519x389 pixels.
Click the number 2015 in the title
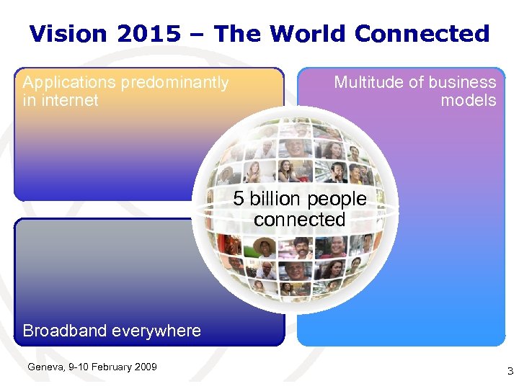159,34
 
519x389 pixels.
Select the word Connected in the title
422,34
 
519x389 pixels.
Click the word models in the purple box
469,100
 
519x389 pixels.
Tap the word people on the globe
337,200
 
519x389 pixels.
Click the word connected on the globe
300,220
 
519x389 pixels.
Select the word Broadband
66,331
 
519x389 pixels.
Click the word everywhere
157,331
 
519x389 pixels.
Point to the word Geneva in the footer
43,367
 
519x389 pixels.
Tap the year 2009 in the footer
145,367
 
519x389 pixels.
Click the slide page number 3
510,372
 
